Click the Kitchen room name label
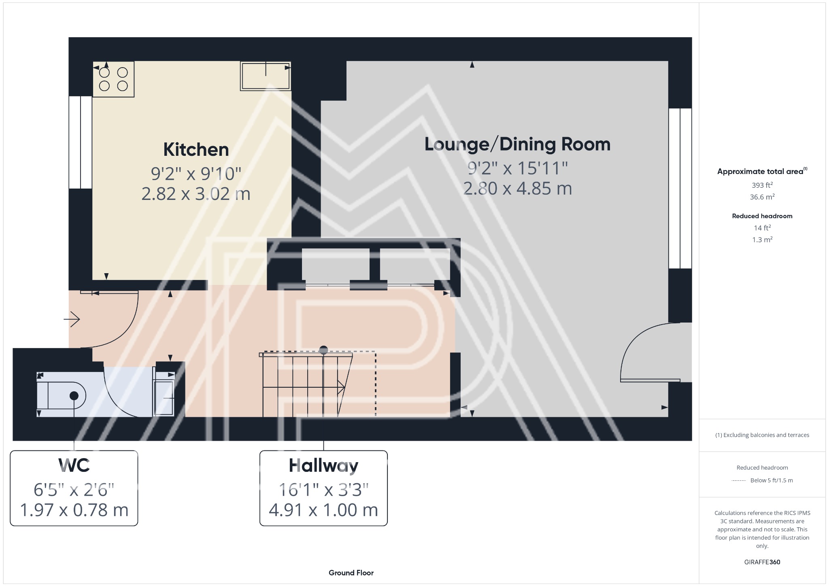196,150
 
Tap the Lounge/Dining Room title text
517,144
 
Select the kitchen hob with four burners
113,79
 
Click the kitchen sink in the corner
266,76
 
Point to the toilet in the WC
62,395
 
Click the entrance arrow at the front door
72,319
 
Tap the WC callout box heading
74,465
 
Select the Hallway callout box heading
323,466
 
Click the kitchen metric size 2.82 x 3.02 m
196,194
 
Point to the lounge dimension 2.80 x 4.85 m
517,189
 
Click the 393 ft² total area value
762,185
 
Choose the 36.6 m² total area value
762,197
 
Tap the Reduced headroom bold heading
762,216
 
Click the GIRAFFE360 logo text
762,562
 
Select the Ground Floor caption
351,573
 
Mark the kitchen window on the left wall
81,142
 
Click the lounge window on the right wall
680,188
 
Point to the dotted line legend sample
739,480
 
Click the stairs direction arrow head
342,388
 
